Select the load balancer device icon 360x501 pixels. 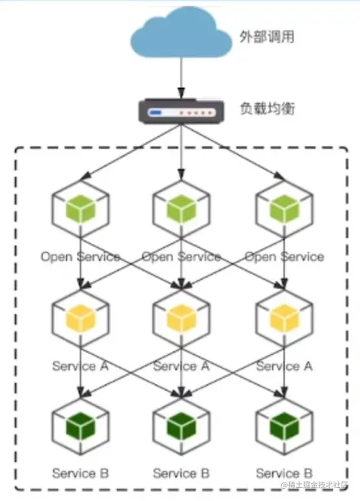pos(181,112)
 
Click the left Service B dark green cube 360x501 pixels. pos(80,423)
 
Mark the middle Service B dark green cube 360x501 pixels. pos(181,423)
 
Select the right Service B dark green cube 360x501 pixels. pos(283,423)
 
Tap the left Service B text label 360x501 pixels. pos(80,473)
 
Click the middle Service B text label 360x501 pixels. pos(181,473)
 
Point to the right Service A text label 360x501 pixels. pos(284,366)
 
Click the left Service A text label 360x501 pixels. pos(80,366)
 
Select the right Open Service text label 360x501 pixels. pos(284,257)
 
